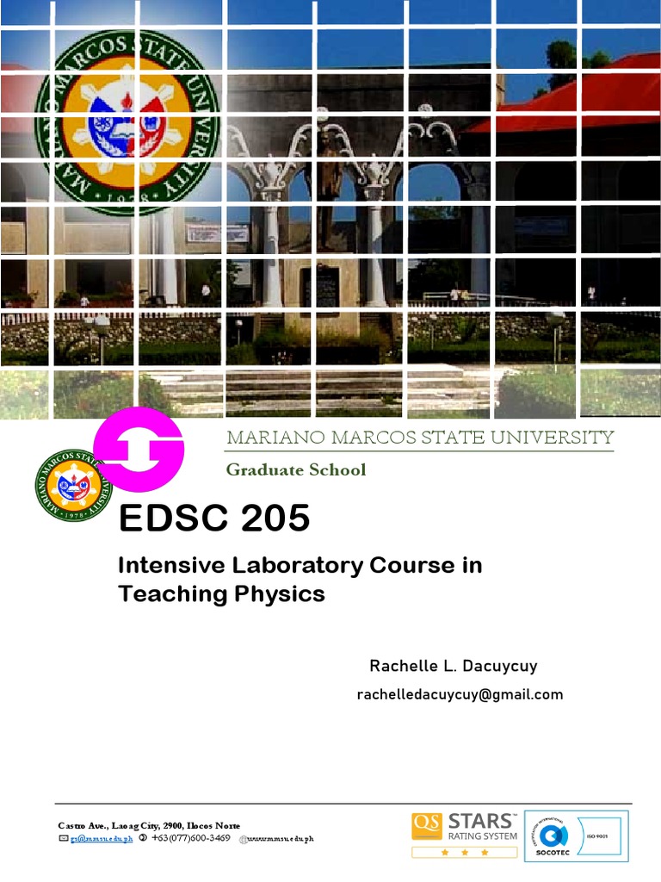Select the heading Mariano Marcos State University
(x=420, y=438)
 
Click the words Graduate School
(x=295, y=469)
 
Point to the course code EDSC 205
(x=213, y=518)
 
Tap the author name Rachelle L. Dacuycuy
(x=453, y=666)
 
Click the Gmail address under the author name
(x=460, y=694)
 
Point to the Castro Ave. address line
(x=149, y=825)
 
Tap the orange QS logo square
(x=426, y=828)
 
